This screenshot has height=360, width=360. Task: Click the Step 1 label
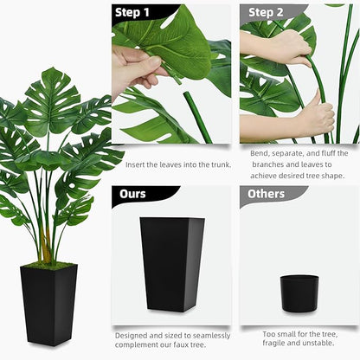click(132, 12)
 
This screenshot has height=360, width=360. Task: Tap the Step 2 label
click(267, 12)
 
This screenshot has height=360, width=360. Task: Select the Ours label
click(132, 194)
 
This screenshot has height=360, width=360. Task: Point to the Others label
click(267, 194)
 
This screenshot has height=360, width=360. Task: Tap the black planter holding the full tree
click(48, 303)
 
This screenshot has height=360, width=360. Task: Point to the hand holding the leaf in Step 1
click(136, 67)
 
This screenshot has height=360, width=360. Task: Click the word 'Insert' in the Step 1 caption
click(136, 164)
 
